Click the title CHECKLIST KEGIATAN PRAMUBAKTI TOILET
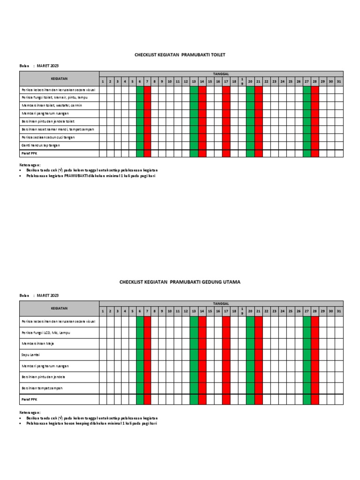tap(180, 55)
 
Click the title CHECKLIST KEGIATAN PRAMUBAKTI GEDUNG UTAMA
tap(180, 282)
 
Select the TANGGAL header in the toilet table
tap(221, 74)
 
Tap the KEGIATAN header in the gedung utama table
tap(59, 308)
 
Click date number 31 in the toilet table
tap(339, 82)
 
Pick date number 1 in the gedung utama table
tap(103, 311)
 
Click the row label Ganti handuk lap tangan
tap(40, 145)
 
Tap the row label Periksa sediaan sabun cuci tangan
tap(48, 137)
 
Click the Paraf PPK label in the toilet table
tap(29, 153)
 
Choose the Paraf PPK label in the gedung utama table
tap(29, 399)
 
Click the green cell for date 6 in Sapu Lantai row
tap(140, 355)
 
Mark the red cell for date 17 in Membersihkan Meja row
tap(226, 344)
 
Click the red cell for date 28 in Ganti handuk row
tap(315, 145)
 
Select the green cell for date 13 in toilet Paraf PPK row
tap(194, 153)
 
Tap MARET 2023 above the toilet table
tap(48, 66)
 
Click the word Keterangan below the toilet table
tap(30, 165)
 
